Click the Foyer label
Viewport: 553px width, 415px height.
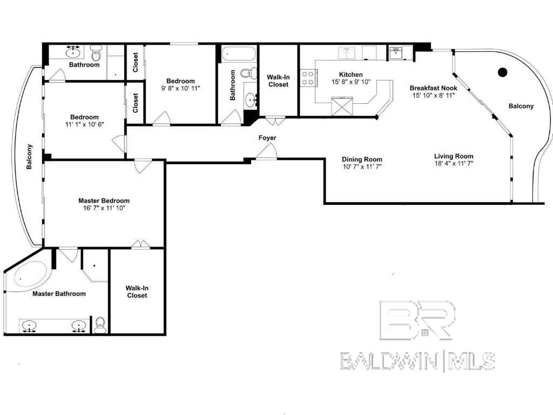tap(267, 138)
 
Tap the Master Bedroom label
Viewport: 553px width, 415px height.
tap(104, 200)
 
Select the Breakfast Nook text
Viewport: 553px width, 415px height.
tap(433, 88)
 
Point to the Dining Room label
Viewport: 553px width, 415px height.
tap(362, 159)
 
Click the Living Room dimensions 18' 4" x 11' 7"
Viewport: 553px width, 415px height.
tap(454, 163)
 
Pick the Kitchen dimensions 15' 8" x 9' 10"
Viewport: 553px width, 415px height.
tap(352, 82)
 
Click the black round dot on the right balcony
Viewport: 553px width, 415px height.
tap(502, 71)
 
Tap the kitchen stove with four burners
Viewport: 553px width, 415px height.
tap(308, 78)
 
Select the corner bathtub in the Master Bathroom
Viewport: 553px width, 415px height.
tap(27, 276)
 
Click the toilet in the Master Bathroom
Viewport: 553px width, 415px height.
tap(100, 324)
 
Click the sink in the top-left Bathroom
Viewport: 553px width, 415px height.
tap(73, 52)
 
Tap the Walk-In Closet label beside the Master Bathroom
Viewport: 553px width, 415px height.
tap(137, 292)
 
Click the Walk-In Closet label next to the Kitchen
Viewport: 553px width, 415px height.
tap(278, 81)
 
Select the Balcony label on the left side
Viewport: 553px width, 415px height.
tap(30, 157)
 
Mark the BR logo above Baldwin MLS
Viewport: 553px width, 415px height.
tap(417, 320)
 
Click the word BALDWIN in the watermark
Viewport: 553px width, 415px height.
tap(389, 361)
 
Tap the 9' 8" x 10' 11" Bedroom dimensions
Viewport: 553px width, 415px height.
tap(180, 88)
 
